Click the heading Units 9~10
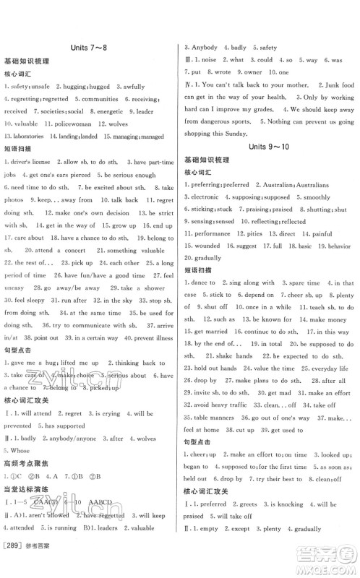pyautogui.click(x=267, y=147)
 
